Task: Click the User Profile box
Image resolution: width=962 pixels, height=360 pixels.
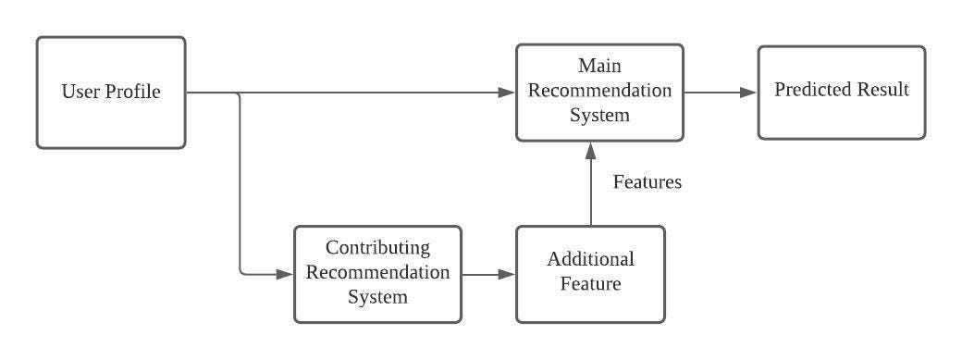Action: point(111,93)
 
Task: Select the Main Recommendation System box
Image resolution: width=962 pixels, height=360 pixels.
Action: point(599,92)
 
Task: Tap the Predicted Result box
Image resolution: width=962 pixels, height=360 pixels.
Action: point(841,93)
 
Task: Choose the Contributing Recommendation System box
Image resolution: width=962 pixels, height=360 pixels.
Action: point(377,274)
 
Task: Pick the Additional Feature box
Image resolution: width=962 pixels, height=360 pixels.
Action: point(590,274)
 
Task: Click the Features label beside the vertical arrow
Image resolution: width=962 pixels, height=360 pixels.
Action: point(647,182)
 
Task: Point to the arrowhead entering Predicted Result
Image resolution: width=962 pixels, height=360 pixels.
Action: point(750,93)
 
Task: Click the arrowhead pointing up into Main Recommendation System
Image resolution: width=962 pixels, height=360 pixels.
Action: point(590,150)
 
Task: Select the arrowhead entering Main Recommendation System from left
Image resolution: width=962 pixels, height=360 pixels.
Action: point(507,93)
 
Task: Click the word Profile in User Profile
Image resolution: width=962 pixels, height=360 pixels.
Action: point(135,92)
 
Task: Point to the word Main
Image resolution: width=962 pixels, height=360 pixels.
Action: point(599,67)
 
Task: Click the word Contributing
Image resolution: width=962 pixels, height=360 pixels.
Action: point(377,248)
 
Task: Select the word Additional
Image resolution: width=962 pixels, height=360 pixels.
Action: point(590,259)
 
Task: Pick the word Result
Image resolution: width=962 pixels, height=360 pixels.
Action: point(882,90)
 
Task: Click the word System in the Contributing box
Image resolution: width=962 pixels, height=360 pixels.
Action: point(377,297)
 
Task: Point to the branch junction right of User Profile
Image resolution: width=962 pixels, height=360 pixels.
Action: point(239,93)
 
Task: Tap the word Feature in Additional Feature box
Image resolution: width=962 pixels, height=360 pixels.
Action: point(590,283)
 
